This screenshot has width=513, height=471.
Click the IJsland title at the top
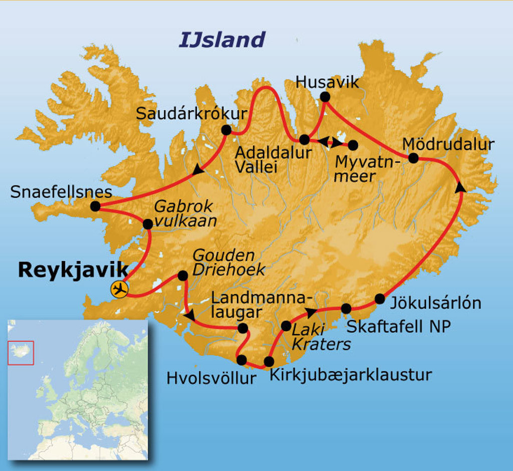click(x=221, y=40)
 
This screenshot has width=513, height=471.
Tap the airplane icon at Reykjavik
click(x=120, y=289)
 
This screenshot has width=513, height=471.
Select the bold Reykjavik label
click(x=73, y=270)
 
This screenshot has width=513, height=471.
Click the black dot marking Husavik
click(x=325, y=97)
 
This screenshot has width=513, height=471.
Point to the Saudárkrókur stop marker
click(x=226, y=130)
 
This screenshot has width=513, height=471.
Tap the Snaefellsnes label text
click(x=61, y=192)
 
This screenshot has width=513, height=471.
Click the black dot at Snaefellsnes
click(x=95, y=206)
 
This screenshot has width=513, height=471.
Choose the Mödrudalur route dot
click(x=413, y=158)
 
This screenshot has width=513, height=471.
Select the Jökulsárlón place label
click(x=435, y=303)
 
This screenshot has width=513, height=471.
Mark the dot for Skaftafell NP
click(x=346, y=308)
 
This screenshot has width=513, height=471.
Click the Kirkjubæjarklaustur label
click(x=351, y=375)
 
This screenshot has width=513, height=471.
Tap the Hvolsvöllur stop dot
click(x=241, y=360)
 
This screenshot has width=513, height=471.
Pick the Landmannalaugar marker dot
click(x=242, y=328)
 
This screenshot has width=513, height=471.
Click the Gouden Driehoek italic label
click(x=228, y=262)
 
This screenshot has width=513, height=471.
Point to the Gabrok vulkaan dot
click(x=147, y=224)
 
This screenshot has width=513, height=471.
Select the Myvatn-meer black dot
click(x=353, y=145)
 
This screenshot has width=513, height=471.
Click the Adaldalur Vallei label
click(x=273, y=159)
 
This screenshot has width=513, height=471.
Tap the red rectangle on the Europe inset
click(x=21, y=353)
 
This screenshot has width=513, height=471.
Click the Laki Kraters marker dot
click(x=286, y=326)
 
